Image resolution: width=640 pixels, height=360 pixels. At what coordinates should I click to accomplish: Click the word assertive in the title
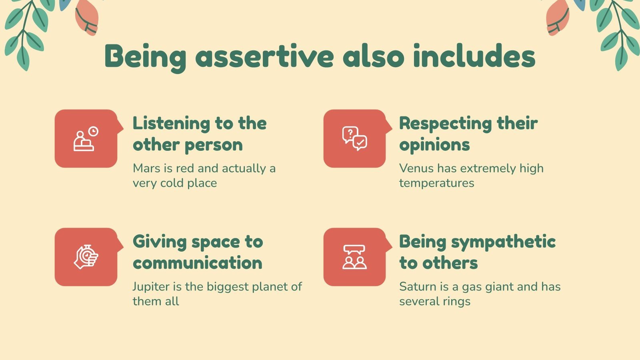click(264, 56)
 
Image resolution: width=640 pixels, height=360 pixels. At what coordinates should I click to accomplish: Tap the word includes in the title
click(474, 56)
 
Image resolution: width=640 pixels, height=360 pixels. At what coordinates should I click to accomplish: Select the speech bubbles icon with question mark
click(354, 138)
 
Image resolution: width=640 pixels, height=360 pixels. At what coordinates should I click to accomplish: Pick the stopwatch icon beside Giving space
click(86, 257)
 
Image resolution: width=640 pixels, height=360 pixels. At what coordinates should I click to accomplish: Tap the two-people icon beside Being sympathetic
click(354, 257)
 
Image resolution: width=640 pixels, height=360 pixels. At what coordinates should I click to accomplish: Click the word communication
click(198, 263)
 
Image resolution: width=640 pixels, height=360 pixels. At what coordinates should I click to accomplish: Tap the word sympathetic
click(504, 242)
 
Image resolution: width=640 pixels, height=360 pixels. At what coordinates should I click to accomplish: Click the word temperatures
click(436, 183)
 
